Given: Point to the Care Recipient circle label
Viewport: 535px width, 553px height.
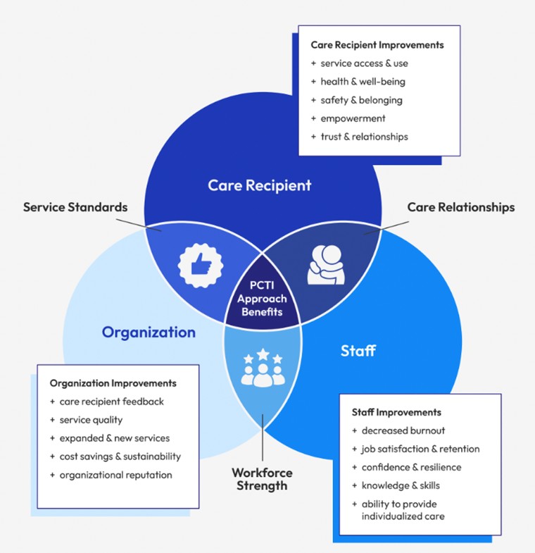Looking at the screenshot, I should pyautogui.click(x=259, y=186).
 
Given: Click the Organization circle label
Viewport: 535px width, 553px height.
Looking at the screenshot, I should pyautogui.click(x=149, y=332).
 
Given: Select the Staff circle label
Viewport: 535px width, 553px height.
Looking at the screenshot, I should pyautogui.click(x=358, y=350).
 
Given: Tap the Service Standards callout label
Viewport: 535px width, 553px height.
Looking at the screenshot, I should pyautogui.click(x=75, y=207).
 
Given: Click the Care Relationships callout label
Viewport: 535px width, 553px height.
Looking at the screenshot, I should pyautogui.click(x=461, y=207).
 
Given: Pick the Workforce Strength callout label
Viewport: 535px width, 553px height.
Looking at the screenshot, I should pyautogui.click(x=262, y=479).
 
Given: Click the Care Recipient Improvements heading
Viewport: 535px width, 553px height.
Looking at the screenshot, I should pyautogui.click(x=377, y=45).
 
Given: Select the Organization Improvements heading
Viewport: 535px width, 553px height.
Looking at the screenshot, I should pyautogui.click(x=113, y=383).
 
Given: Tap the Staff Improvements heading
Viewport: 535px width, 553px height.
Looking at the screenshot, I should pyautogui.click(x=396, y=412).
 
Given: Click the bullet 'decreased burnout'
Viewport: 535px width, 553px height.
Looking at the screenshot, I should pyautogui.click(x=403, y=430).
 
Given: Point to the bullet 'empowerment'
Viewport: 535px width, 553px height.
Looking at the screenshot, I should pyautogui.click(x=353, y=118).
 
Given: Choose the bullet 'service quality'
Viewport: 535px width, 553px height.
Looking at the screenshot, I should pyautogui.click(x=91, y=420).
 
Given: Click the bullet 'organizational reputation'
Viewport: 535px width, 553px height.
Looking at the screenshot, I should pyautogui.click(x=116, y=475).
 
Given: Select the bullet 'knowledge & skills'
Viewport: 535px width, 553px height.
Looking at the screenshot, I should pyautogui.click(x=400, y=485).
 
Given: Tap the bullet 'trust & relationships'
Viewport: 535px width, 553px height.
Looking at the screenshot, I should pyautogui.click(x=364, y=137).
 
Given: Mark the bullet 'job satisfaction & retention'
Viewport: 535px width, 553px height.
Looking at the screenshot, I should pyautogui.click(x=420, y=449).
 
